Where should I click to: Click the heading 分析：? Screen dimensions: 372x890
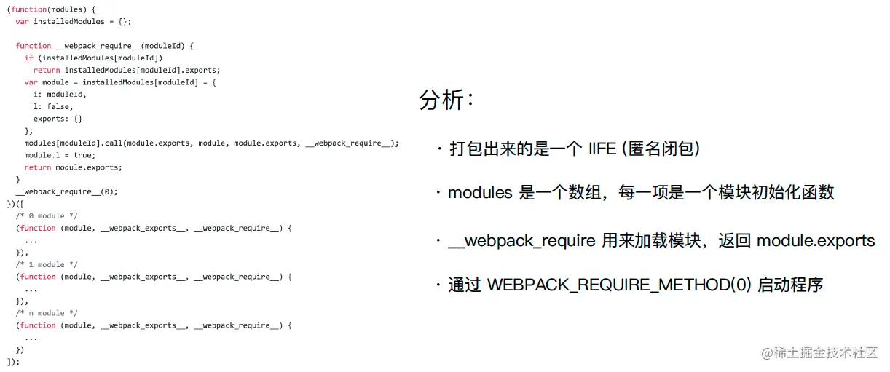(446, 100)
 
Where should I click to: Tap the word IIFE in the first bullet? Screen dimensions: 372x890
(602, 149)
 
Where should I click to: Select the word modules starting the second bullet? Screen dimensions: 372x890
(480, 193)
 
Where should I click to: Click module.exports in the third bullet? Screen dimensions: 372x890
(816, 241)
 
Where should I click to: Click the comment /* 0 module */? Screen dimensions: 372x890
(47, 216)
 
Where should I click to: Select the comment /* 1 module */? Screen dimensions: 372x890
(47, 265)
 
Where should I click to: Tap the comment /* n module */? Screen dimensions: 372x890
(47, 313)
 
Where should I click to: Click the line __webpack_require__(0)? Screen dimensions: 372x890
(66, 192)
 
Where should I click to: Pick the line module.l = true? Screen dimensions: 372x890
(59, 155)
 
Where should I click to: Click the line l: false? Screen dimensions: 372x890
(53, 107)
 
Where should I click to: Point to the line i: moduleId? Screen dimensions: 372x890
(60, 95)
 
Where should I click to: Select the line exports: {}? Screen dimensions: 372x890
(58, 119)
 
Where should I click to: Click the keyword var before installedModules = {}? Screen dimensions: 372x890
(22, 22)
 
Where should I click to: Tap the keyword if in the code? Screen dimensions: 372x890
(29, 58)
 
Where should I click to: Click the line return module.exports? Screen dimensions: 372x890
(74, 167)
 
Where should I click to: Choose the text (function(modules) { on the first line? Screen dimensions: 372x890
(51, 9)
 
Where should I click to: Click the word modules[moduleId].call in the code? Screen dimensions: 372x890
(73, 143)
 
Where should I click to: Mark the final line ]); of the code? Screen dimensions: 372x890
(13, 362)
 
